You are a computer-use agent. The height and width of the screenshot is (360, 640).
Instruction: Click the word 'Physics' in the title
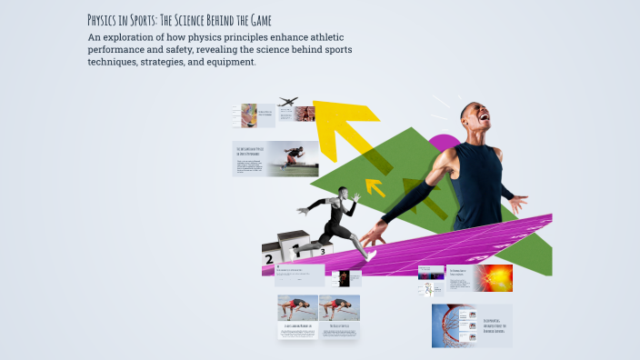[107, 20]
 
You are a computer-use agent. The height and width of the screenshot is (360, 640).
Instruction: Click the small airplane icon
[288, 102]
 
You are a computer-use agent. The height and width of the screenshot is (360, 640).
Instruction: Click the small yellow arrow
[374, 187]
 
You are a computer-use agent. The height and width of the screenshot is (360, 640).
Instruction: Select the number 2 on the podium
[269, 260]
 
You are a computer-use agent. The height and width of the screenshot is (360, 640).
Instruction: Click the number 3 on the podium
[322, 251]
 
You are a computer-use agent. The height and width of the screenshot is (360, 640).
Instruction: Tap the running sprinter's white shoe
[369, 255]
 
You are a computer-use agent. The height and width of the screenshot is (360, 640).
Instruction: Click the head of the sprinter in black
[343, 193]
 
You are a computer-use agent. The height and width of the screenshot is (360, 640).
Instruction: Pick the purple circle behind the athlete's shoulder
[445, 143]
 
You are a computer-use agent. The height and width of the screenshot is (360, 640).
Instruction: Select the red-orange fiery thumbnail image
[492, 277]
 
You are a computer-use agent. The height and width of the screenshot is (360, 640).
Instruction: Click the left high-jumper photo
[297, 307]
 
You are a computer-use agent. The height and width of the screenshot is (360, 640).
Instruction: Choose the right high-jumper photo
[339, 307]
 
